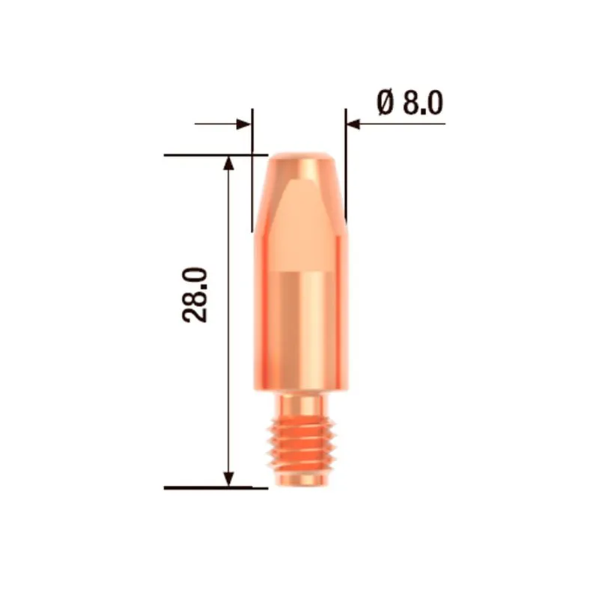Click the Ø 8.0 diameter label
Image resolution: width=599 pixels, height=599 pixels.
click(x=410, y=101)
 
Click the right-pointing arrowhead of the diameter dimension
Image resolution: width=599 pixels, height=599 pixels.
click(x=244, y=124)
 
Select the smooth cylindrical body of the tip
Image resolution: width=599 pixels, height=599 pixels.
click(x=301, y=329)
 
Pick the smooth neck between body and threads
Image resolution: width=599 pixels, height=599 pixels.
click(x=301, y=404)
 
